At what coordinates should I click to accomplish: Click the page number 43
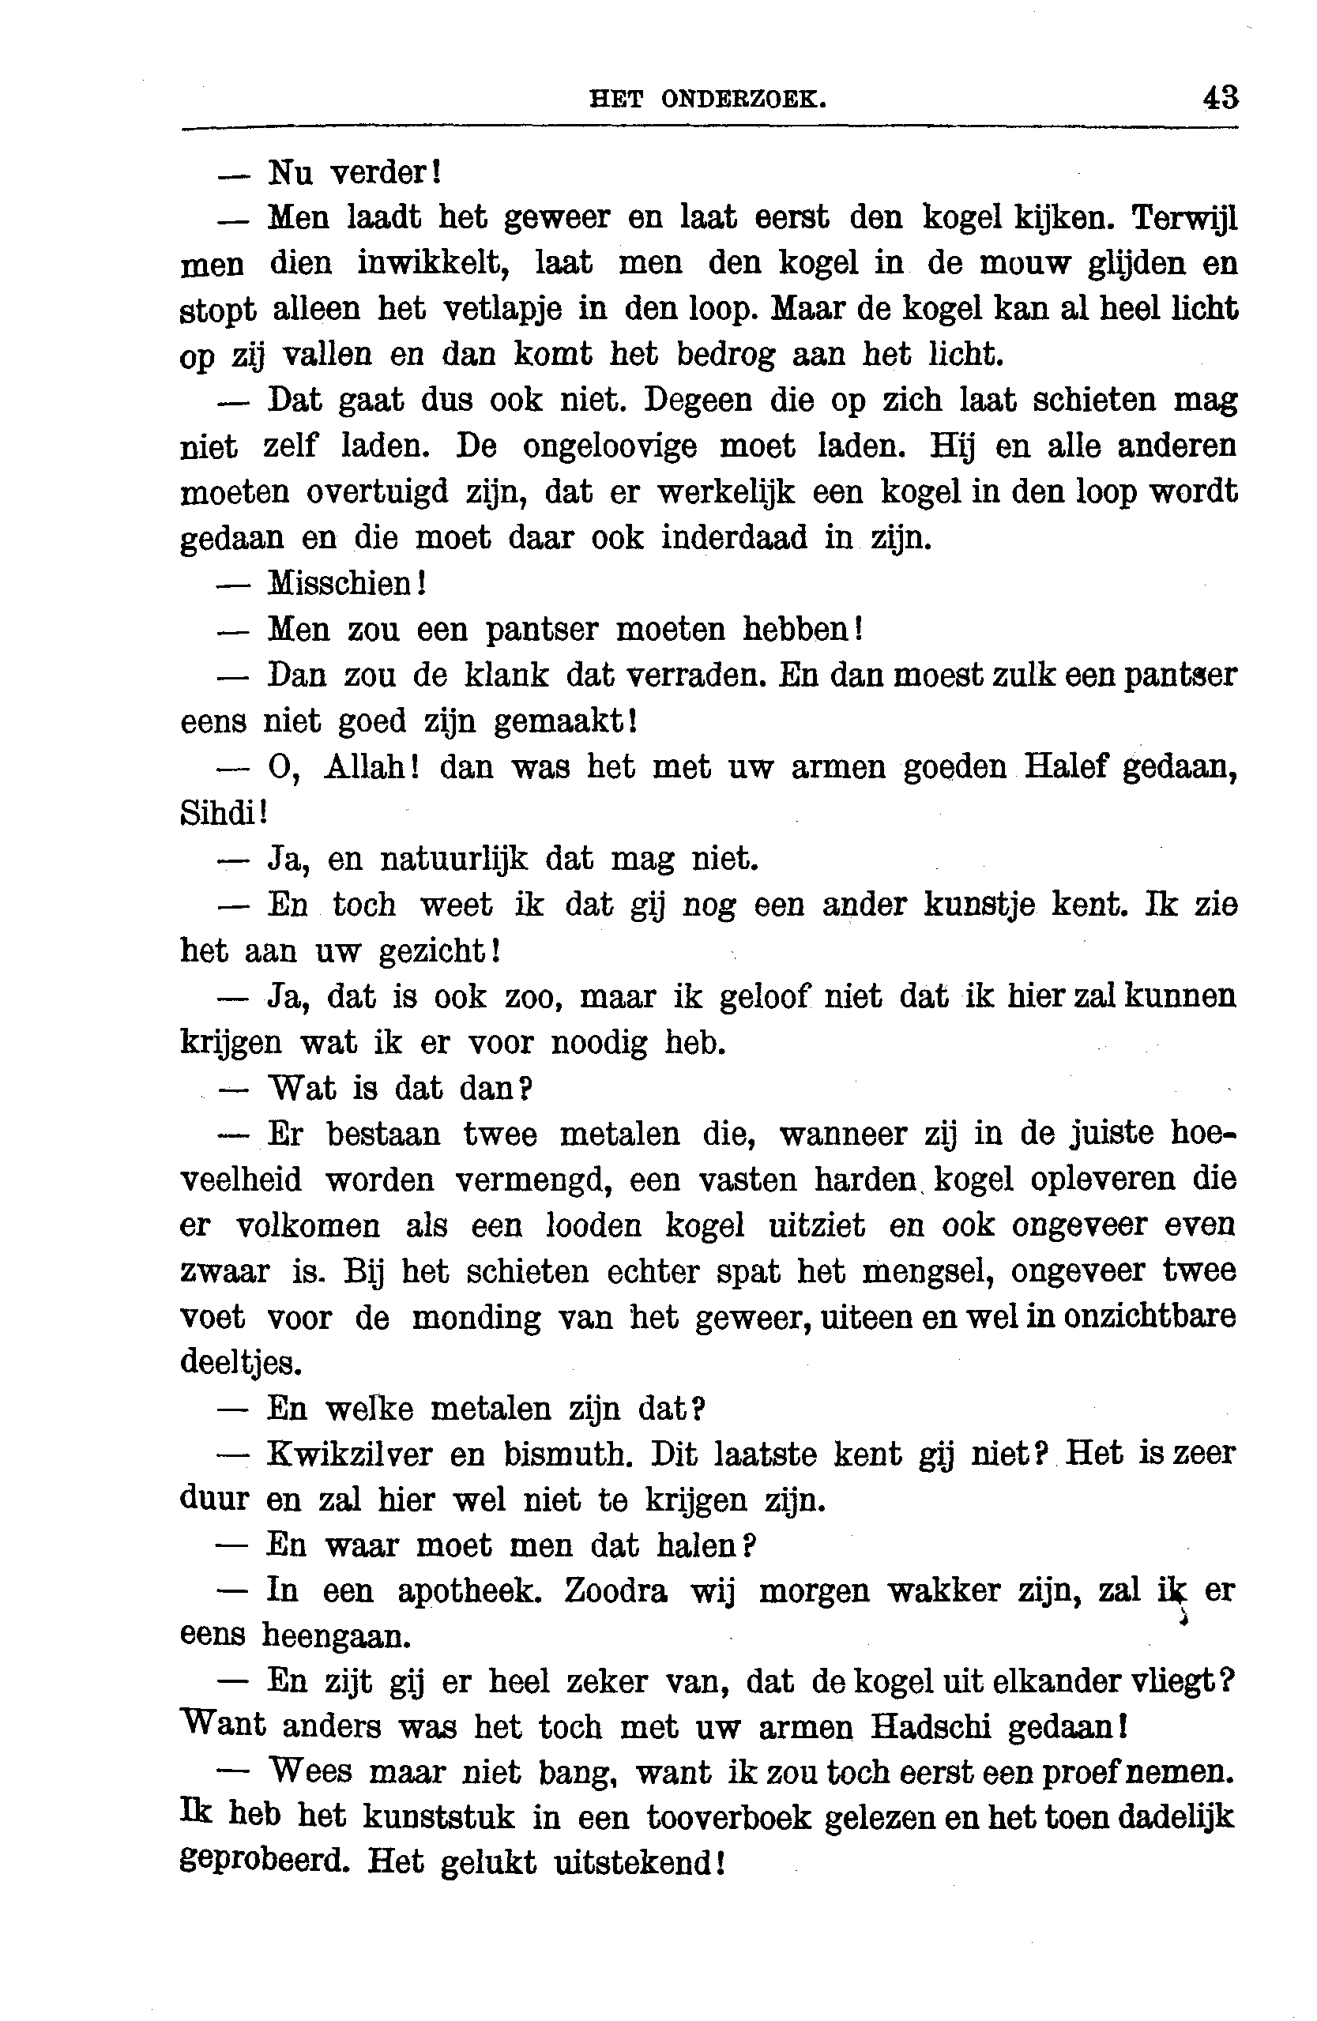[1220, 99]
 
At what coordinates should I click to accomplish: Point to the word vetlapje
[502, 309]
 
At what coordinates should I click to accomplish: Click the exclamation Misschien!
[347, 583]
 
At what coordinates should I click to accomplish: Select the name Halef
[1067, 767]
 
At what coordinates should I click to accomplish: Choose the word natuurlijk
[453, 860]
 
